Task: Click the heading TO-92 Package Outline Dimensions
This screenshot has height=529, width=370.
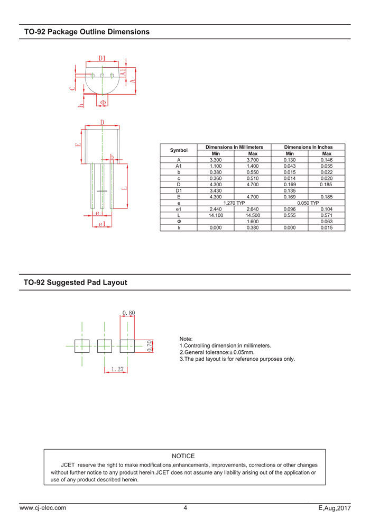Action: pyautogui.click(x=87, y=32)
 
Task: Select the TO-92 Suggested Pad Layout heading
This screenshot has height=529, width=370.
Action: pyautogui.click(x=76, y=282)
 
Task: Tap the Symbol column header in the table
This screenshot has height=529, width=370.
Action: pyautogui.click(x=179, y=150)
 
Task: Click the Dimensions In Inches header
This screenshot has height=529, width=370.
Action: pyautogui.click(x=308, y=147)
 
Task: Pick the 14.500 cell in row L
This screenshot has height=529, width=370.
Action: pyautogui.click(x=253, y=215)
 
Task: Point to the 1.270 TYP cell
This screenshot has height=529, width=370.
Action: pyautogui.click(x=234, y=203)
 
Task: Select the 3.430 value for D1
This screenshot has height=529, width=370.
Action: pyautogui.click(x=216, y=190)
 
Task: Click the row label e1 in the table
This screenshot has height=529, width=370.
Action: pyautogui.click(x=179, y=209)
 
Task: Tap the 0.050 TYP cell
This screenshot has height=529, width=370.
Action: pyautogui.click(x=308, y=203)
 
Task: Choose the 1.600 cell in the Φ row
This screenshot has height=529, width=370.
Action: pyautogui.click(x=253, y=222)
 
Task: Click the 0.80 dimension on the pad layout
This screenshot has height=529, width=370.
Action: pyautogui.click(x=128, y=313)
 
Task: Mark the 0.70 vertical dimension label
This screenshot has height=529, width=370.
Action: pyautogui.click(x=150, y=346)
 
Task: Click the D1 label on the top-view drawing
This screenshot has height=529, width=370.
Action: pyautogui.click(x=102, y=58)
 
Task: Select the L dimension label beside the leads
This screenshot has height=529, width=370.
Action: pyautogui.click(x=124, y=188)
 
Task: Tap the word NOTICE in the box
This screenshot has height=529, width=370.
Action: pyautogui.click(x=183, y=456)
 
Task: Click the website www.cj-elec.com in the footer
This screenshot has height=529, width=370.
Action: pyautogui.click(x=43, y=508)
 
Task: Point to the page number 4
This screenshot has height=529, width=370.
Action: pyautogui.click(x=185, y=508)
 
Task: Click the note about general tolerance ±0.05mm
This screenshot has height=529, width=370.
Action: pyautogui.click(x=217, y=352)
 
